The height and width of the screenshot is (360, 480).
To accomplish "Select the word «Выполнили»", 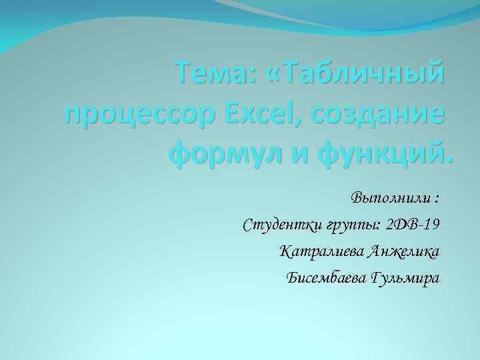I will point(390,199).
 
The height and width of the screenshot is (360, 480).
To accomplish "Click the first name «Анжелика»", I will point(402,251).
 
